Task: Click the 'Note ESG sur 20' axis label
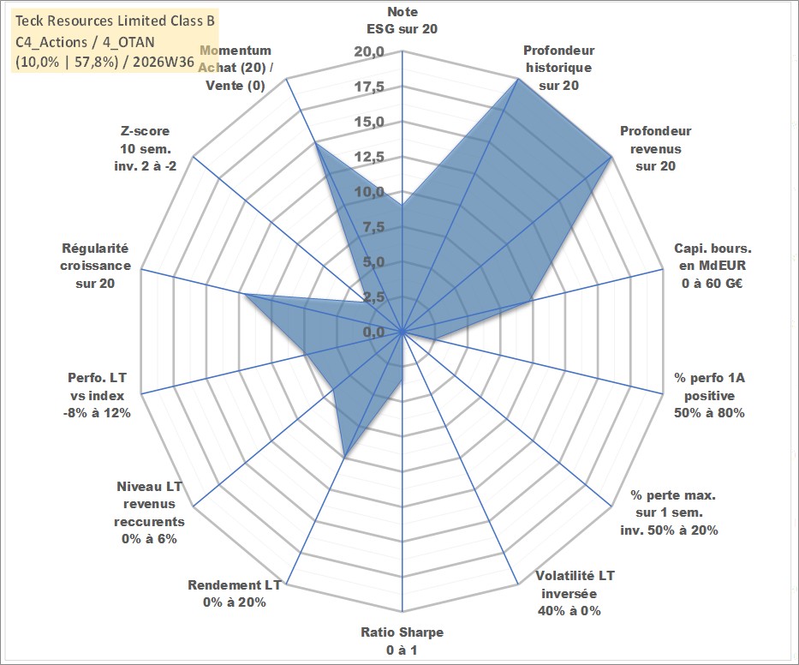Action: (402, 21)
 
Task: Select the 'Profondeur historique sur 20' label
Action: (559, 68)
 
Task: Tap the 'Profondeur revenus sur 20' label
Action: (655, 148)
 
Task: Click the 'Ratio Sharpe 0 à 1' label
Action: (402, 641)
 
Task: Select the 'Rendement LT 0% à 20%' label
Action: (235, 594)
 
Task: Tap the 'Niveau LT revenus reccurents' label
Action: (149, 512)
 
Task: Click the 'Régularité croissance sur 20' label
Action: (95, 266)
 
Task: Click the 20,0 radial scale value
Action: (369, 52)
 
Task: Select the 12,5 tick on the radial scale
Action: (369, 157)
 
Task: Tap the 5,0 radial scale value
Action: (373, 262)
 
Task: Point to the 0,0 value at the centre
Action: (373, 332)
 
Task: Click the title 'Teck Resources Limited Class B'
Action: (115, 21)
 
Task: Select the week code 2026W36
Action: (164, 62)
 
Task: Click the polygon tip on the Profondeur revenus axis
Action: (611, 158)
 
